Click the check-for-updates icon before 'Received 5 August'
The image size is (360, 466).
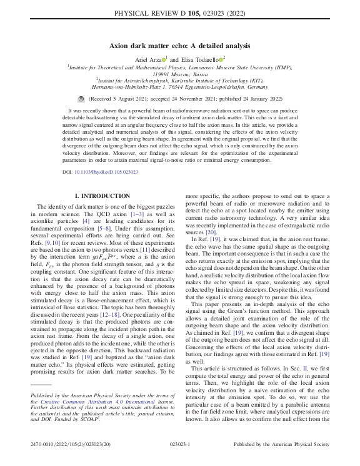coord(80,99)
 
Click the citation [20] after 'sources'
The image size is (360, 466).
coord(211,231)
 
